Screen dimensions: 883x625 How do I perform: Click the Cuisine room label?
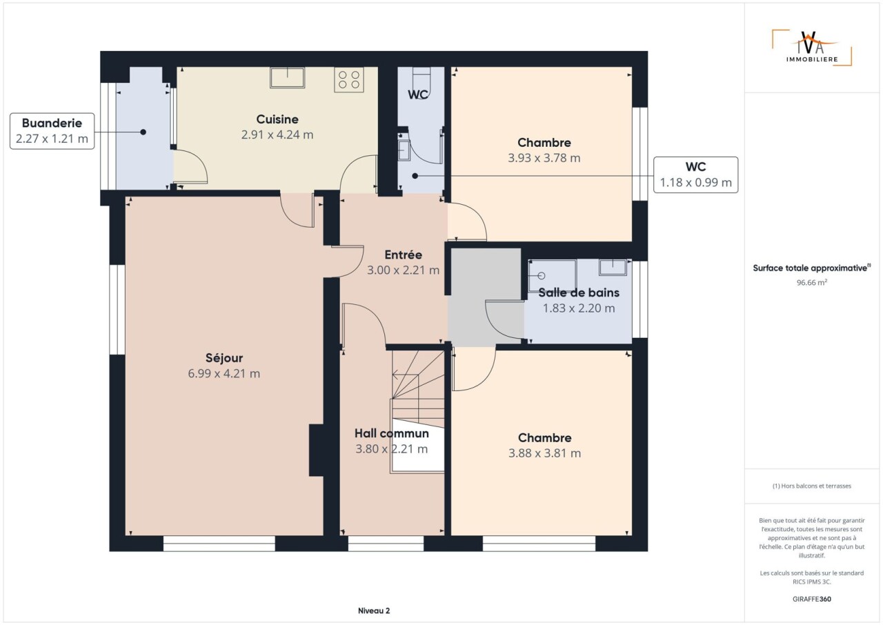[277, 119]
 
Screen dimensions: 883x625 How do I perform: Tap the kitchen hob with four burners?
[349, 79]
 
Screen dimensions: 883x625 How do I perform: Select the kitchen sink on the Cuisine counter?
[288, 77]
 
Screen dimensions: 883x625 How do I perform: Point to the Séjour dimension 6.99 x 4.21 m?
[224, 373]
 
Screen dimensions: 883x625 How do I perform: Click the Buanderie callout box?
[52, 131]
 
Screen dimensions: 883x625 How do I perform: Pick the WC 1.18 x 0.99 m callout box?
[696, 175]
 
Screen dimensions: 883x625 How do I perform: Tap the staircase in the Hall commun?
[418, 411]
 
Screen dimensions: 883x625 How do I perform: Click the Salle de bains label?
[579, 292]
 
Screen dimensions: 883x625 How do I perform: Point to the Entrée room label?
[404, 255]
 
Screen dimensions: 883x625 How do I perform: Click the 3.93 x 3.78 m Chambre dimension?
[544, 158]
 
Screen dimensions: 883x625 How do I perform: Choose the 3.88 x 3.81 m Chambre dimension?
[544, 453]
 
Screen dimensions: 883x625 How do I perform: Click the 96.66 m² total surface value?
[812, 282]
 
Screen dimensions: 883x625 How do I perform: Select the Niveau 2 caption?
[374, 611]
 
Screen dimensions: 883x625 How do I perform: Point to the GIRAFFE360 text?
[812, 599]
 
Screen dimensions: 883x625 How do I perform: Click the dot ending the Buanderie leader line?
[143, 132]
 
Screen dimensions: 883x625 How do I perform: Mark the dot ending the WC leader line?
[415, 176]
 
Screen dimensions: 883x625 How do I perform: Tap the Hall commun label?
[391, 433]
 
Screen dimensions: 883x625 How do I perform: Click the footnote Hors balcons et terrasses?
[812, 486]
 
